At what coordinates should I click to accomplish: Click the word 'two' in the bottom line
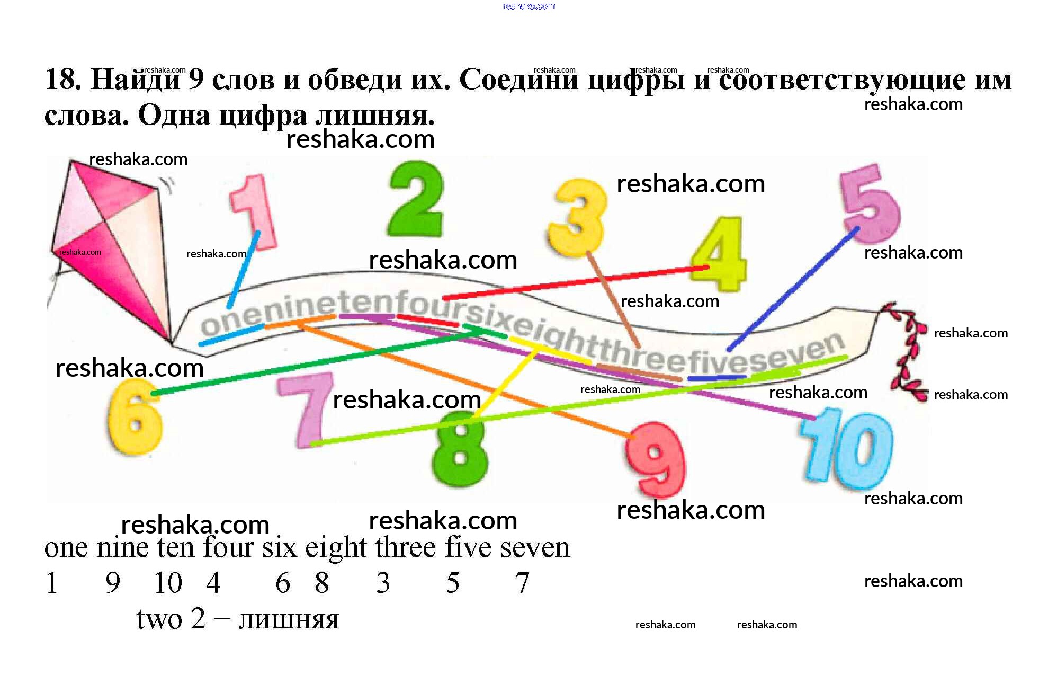(x=159, y=619)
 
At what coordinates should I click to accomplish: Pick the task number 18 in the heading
(x=62, y=79)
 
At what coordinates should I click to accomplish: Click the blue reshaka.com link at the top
(x=528, y=6)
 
